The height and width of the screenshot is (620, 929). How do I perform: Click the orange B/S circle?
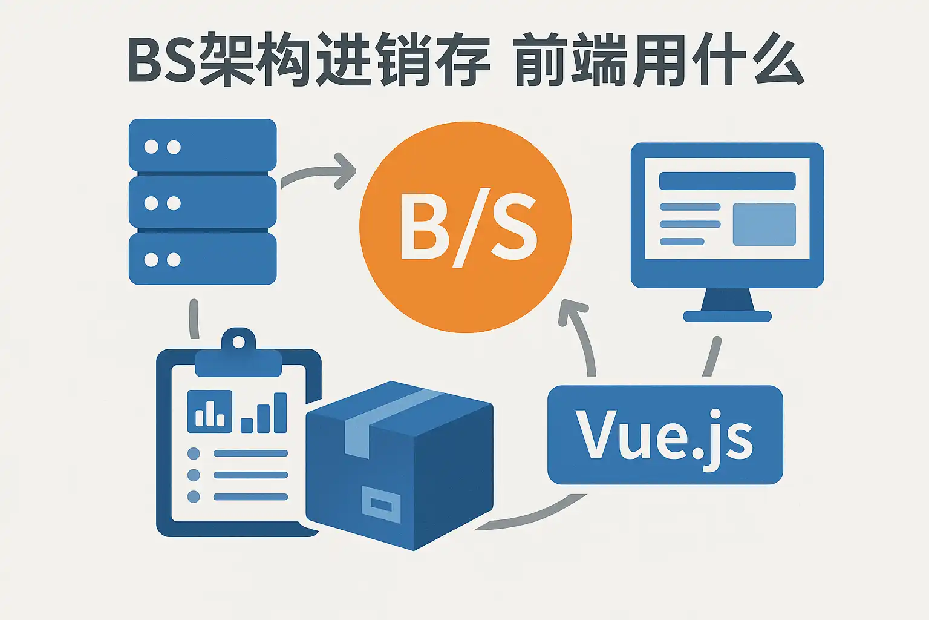[465, 226]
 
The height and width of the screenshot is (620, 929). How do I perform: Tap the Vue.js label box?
[665, 435]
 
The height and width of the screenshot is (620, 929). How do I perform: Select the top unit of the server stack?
[203, 146]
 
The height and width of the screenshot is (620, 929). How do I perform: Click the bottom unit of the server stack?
[203, 259]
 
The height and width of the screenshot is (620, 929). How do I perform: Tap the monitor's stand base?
[727, 315]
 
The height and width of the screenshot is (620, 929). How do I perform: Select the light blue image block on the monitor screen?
[764, 225]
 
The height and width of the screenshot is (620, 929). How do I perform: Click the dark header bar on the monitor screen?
[727, 180]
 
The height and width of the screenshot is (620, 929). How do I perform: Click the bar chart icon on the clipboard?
[210, 411]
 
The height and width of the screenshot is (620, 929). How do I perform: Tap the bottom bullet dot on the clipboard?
[194, 496]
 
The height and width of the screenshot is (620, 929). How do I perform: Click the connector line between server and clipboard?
[194, 318]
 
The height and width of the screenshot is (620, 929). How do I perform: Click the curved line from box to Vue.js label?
[532, 518]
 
